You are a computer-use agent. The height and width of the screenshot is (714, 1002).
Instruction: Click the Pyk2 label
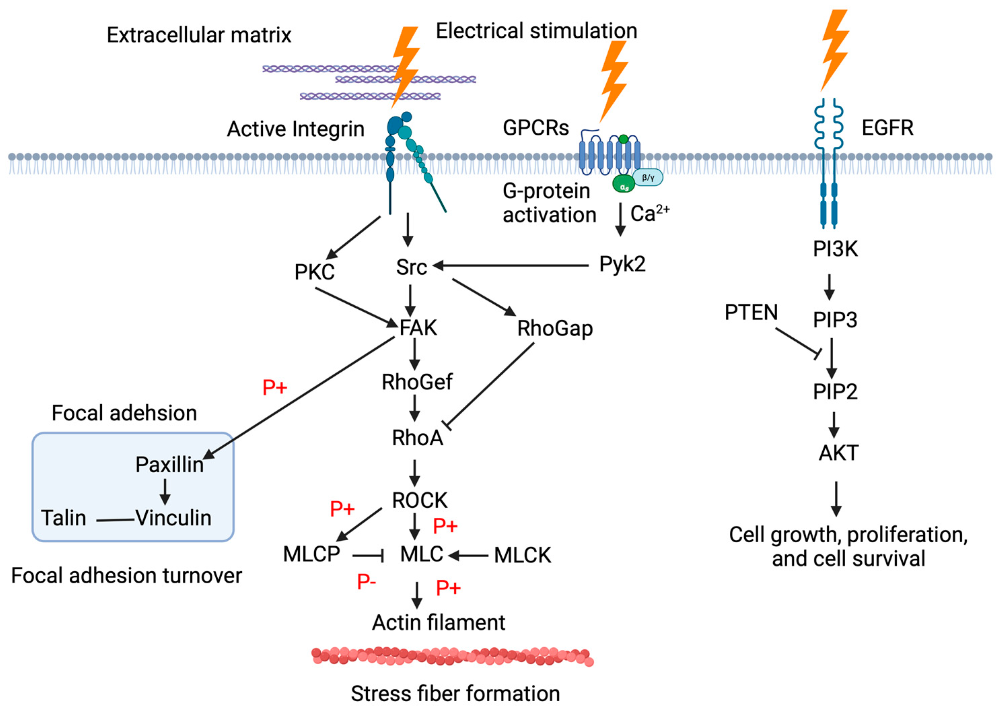622,264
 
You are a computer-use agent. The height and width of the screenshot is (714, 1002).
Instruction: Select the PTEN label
751,313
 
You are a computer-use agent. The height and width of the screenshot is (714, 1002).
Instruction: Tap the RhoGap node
554,329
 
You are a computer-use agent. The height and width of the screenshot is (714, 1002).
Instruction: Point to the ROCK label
419,500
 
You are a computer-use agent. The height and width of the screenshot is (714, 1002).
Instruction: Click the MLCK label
522,555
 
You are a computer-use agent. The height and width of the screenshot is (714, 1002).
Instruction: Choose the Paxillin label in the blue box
169,465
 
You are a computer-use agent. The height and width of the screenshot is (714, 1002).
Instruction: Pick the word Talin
64,518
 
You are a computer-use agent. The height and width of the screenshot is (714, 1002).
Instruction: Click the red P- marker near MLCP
366,582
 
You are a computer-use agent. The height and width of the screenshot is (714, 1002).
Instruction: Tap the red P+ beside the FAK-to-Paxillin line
275,388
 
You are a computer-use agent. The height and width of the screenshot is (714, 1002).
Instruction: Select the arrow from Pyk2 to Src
510,266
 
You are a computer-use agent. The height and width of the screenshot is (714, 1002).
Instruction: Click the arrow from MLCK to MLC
468,556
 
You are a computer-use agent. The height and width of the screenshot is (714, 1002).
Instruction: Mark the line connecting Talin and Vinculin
115,520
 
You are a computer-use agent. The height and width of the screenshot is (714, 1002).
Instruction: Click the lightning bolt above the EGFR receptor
834,48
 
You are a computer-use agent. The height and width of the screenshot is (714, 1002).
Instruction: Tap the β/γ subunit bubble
648,178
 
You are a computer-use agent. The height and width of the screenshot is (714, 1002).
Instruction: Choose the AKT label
838,453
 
